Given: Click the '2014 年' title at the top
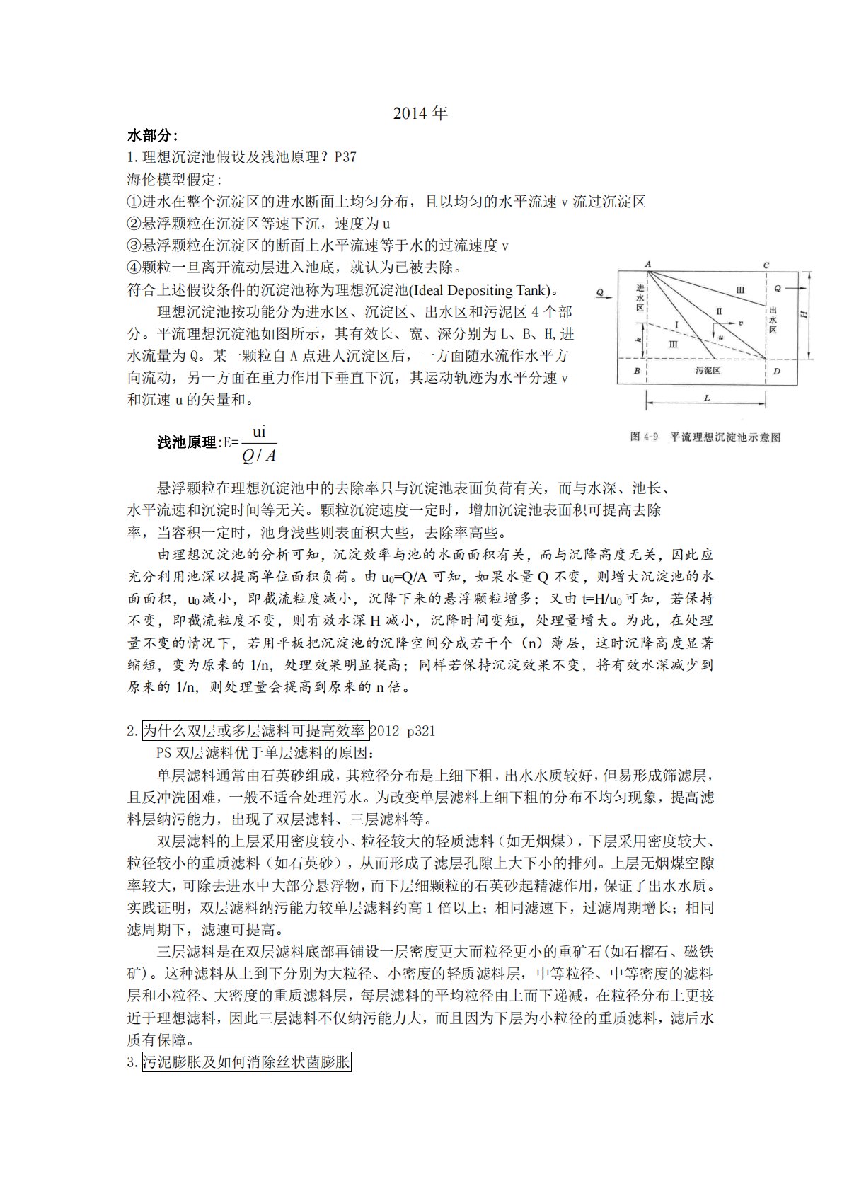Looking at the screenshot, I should (x=420, y=113).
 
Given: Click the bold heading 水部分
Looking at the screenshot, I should (x=152, y=135).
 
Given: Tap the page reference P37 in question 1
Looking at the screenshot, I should (x=345, y=157).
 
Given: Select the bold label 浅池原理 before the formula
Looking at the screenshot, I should (x=187, y=442).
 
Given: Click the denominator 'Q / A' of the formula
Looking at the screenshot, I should (x=259, y=456).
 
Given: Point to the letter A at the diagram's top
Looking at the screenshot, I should (x=647, y=265).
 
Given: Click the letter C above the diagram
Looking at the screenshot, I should (x=766, y=265).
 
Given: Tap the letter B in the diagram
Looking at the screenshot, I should (x=637, y=370).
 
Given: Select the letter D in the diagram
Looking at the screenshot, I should (x=776, y=370).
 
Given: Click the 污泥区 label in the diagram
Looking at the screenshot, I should (x=703, y=370).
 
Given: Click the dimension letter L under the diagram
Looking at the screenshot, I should (x=706, y=398).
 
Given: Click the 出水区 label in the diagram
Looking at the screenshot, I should (x=773, y=320).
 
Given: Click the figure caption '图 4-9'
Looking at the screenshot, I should (x=644, y=437).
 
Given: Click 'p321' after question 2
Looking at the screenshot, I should (x=421, y=730).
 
